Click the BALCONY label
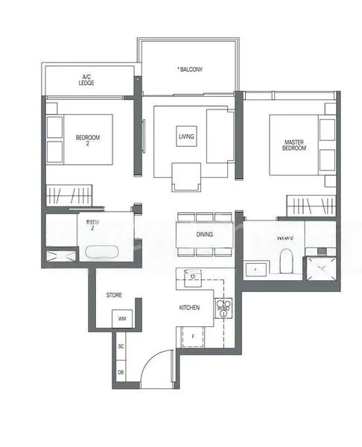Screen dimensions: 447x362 coord(190,69)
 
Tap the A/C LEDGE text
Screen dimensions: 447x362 coord(86,80)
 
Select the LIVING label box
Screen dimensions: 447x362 coord(186,136)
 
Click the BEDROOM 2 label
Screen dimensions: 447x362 coord(87,140)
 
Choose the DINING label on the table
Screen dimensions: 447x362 coord(205,235)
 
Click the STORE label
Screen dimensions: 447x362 coord(114,295)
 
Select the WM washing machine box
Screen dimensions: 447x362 coord(121,320)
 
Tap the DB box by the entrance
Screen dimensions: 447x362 coord(121,372)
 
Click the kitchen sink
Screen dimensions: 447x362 coord(192,277)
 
